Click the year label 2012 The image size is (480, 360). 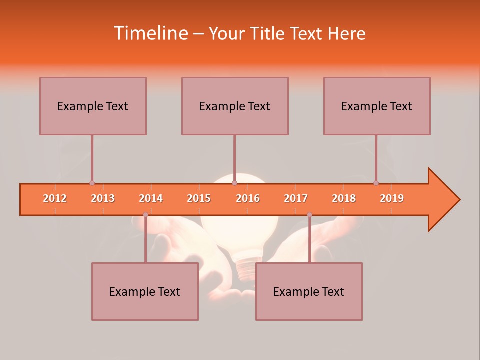click(x=55, y=198)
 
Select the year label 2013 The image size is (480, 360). click(x=103, y=198)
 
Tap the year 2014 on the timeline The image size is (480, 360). click(x=151, y=198)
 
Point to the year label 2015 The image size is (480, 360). click(x=199, y=198)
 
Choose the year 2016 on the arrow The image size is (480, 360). click(x=248, y=198)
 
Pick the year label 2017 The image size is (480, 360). click(x=296, y=198)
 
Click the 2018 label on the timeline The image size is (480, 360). click(x=344, y=198)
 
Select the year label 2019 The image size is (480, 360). click(x=392, y=198)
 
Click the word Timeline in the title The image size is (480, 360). click(x=150, y=33)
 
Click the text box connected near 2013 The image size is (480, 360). click(x=93, y=106)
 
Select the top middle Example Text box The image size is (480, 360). click(x=235, y=106)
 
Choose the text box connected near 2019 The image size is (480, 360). click(x=377, y=106)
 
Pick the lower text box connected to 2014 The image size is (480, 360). click(x=145, y=291)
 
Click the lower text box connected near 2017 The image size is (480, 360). click(x=309, y=291)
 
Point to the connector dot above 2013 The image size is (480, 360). click(x=92, y=183)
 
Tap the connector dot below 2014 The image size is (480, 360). click(x=145, y=215)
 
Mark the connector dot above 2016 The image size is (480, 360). click(x=234, y=183)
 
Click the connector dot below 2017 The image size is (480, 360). click(x=309, y=215)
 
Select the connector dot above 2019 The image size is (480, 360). click(x=376, y=183)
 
